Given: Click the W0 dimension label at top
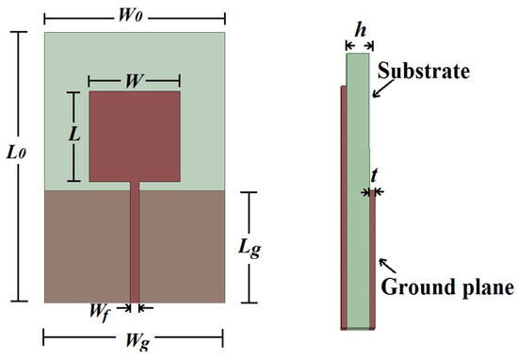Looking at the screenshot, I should tap(134, 17).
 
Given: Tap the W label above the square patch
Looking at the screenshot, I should tap(134, 80).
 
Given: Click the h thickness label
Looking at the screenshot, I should tap(358, 29).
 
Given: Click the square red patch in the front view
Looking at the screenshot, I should tap(134, 136).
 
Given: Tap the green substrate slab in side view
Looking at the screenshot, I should tap(358, 188).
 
